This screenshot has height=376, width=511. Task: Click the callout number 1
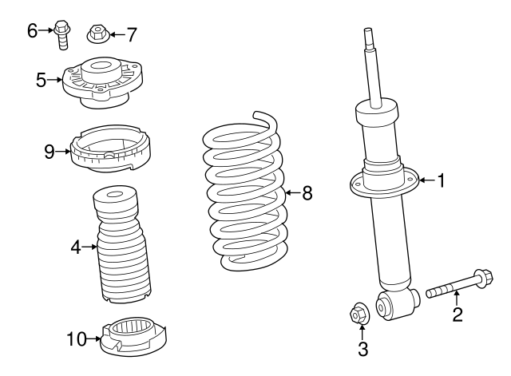[440, 181]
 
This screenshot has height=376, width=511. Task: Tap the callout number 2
[458, 315]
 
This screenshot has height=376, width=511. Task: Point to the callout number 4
[76, 248]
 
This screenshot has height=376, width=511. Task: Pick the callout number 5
[42, 79]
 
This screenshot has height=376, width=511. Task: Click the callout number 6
[33, 31]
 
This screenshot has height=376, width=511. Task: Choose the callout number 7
[132, 34]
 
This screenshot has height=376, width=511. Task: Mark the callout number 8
[307, 192]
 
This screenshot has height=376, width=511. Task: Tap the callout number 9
[49, 150]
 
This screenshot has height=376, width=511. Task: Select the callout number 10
[76, 339]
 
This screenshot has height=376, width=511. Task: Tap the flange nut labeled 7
[96, 34]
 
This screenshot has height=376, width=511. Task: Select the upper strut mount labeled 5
[101, 81]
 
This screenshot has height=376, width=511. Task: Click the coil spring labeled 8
[244, 192]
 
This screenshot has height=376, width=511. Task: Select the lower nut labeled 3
[361, 315]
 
